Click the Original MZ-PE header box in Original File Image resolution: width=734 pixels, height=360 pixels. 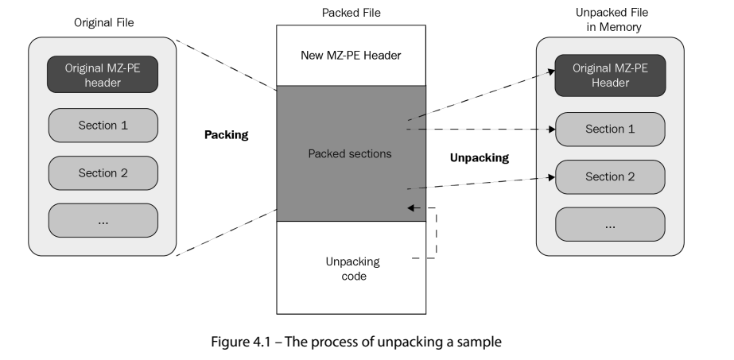103,75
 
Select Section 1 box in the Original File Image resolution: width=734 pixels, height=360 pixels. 103,125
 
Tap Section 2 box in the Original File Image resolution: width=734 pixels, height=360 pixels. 103,172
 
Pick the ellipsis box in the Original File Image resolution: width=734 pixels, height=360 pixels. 103,221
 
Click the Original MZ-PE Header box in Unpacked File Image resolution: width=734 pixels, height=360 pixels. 610,75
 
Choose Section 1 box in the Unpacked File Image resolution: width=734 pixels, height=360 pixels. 610,129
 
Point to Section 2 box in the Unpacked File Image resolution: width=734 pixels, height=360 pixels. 610,176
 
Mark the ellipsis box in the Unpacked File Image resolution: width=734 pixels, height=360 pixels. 610,225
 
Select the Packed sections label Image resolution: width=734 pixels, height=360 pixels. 350,153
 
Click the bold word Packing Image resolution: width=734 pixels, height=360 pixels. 227,135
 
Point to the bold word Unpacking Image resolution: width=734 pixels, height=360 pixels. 479,157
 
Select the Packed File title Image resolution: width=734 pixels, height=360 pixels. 350,12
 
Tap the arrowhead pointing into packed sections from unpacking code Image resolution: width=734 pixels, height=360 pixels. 410,207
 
